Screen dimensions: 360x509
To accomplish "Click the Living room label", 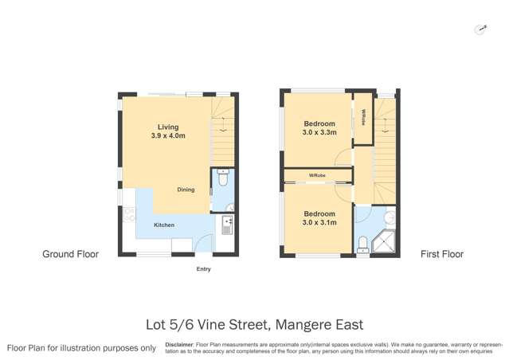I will point(167,127).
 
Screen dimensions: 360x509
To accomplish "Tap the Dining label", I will point(186,190).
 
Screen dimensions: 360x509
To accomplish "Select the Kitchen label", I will point(164,225).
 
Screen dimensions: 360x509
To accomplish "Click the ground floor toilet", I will point(222,180).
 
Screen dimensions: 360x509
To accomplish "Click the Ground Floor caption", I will point(70,254).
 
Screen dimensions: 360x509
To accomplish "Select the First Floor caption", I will point(442,254).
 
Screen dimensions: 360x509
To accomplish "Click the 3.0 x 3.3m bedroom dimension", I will point(319,133).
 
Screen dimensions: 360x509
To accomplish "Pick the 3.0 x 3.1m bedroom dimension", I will point(319,223).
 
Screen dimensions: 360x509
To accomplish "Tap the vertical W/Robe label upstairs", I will point(363,118).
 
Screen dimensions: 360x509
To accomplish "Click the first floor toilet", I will point(363,242).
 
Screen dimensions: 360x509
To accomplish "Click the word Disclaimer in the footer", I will point(182,344).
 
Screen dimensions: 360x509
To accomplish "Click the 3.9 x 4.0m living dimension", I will point(167,136).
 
